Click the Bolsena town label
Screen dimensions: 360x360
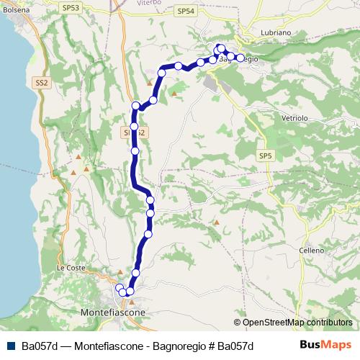pyautogui.click(x=15, y=11)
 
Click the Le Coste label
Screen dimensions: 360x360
pyautogui.click(x=71, y=267)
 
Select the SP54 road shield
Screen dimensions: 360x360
pyautogui.click(x=185, y=12)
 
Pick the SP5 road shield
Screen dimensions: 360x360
pyautogui.click(x=266, y=156)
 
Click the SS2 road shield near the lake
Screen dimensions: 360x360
pyautogui.click(x=41, y=84)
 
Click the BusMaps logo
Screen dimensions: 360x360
pyautogui.click(x=326, y=345)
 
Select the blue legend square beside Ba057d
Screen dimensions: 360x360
pyautogui.click(x=9, y=346)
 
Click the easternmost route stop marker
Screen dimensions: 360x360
pyautogui.click(x=240, y=58)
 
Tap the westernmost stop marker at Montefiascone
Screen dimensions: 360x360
pyautogui.click(x=120, y=288)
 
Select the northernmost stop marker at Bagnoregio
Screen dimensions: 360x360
pyautogui.click(x=220, y=48)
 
